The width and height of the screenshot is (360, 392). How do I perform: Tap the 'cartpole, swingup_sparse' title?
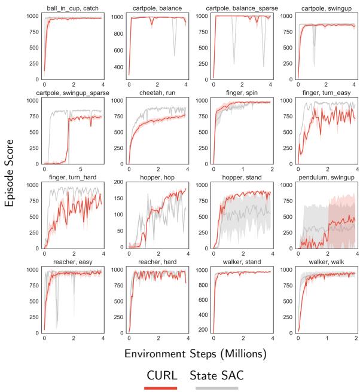(73, 93)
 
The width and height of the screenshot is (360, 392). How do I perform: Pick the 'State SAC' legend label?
(217, 376)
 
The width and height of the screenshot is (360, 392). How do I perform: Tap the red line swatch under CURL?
(160, 388)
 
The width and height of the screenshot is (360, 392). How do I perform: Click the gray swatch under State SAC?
(216, 388)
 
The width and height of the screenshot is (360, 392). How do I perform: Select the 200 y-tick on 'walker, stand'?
(202, 329)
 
